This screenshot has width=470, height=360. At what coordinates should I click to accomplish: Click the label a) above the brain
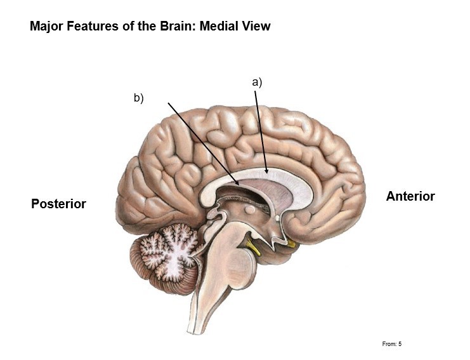pos(257,82)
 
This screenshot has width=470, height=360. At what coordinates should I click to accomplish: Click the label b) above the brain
pos(139,98)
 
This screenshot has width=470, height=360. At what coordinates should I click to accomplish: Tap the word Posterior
pos(58,204)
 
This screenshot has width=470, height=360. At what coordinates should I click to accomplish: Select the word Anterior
pos(410,196)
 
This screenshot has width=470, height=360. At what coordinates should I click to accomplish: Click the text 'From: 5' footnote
pos(392,344)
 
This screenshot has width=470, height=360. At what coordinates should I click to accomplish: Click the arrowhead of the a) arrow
pos(268,171)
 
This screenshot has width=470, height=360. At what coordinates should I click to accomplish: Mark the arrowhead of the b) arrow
pos(238,184)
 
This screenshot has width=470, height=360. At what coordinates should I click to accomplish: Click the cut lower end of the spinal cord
pos(195,328)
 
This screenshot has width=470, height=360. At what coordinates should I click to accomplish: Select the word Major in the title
pos(46,26)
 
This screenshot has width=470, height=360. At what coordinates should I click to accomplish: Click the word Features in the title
pos(91,26)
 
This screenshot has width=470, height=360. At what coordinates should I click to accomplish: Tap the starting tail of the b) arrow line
pos(168,102)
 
